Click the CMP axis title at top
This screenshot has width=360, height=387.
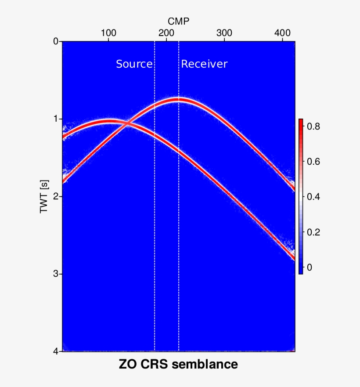[x=179, y=21]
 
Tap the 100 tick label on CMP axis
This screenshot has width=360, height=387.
[x=108, y=33]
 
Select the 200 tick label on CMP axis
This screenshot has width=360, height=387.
[x=166, y=33]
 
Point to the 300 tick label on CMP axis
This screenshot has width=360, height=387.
[x=224, y=33]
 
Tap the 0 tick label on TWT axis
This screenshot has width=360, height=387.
[x=55, y=42]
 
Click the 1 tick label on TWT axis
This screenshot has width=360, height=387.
[x=55, y=119]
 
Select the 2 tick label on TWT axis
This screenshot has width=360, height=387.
[x=55, y=196]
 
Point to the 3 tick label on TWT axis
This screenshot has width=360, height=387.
[x=55, y=274]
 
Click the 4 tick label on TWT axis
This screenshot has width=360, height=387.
[x=55, y=351]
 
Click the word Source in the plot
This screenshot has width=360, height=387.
[x=134, y=64]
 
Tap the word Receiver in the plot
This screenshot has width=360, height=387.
[x=205, y=64]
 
